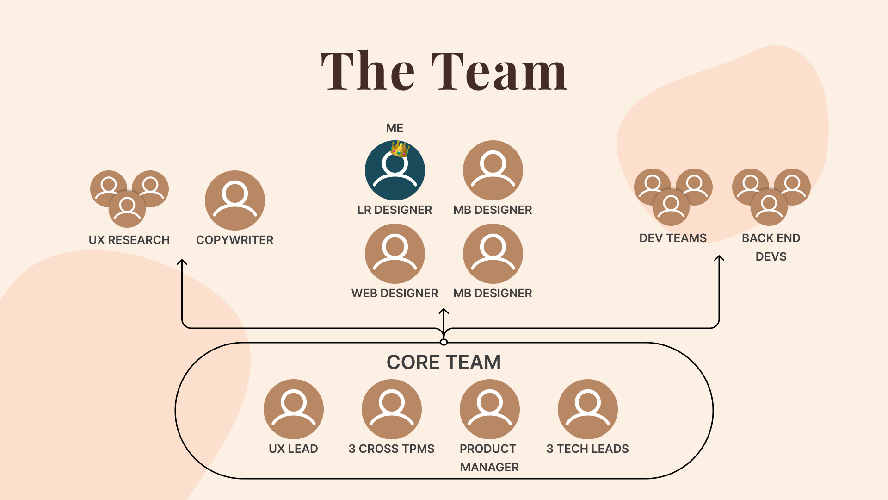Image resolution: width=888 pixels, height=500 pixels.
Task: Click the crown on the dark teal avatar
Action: coord(400,149)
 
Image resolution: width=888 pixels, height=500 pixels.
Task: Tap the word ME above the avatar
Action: coord(395,128)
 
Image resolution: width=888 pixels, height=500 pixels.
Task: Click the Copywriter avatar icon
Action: coord(235,200)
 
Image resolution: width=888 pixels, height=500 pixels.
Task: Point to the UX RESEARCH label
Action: coord(129,240)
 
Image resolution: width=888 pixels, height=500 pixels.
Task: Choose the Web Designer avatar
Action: coord(395,254)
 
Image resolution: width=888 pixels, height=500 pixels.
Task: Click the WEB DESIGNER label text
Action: coord(395,293)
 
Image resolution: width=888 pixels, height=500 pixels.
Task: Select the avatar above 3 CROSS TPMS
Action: coord(391,409)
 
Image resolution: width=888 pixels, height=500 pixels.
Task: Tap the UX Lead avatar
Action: coord(293,409)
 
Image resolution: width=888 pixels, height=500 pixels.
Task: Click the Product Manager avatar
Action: coord(489,409)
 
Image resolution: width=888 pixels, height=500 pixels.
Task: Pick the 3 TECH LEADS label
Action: coord(587,449)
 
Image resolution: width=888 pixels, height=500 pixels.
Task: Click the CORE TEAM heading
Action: coord(444,362)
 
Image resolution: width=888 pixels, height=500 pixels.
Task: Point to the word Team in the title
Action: coord(499,72)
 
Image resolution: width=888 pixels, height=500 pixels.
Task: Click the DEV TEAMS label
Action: coord(673,238)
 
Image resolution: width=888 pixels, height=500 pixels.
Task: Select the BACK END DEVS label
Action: coord(771,247)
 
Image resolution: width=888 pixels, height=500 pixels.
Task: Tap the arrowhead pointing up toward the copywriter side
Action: coord(182,262)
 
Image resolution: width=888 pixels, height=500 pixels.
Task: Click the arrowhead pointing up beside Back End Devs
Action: coord(719,258)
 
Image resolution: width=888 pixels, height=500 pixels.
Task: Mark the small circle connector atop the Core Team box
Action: coord(444,342)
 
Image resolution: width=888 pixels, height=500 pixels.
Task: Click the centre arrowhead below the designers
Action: coord(444,312)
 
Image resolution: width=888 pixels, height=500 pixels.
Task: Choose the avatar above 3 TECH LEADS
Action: coord(587,409)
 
